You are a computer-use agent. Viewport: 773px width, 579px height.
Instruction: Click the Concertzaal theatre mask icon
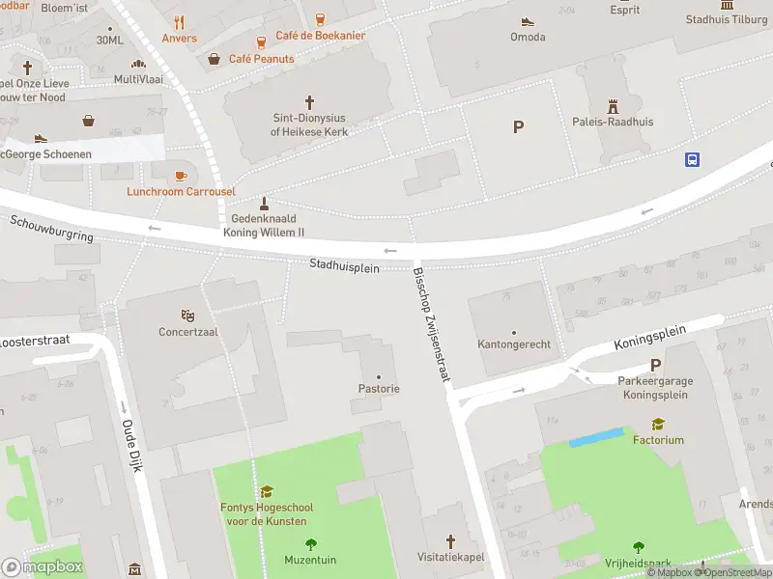click(x=188, y=315)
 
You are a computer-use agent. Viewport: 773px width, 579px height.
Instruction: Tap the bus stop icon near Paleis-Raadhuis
click(x=693, y=159)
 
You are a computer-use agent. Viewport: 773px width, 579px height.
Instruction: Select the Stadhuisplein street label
click(x=344, y=264)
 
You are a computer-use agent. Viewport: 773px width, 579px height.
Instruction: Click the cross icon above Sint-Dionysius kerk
click(x=309, y=100)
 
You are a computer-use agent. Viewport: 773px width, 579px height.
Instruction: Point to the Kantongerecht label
click(x=513, y=345)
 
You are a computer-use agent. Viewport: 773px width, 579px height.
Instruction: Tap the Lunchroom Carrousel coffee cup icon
click(x=181, y=175)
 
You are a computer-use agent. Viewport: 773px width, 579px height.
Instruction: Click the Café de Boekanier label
click(x=320, y=36)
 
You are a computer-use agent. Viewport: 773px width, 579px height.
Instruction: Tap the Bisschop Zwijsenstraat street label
click(x=432, y=323)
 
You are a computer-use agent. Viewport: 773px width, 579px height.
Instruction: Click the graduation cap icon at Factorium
click(x=658, y=424)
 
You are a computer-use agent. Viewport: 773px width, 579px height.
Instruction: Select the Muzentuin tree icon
click(x=310, y=544)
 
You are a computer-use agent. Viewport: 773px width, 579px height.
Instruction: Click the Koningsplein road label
click(x=649, y=338)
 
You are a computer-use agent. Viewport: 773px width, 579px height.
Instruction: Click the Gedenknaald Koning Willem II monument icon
click(x=263, y=204)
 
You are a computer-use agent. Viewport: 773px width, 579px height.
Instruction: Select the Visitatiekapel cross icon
click(x=450, y=541)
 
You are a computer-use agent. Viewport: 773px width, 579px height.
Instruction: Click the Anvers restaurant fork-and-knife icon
click(x=179, y=22)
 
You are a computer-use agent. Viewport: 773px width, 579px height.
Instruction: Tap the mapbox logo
click(x=43, y=566)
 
